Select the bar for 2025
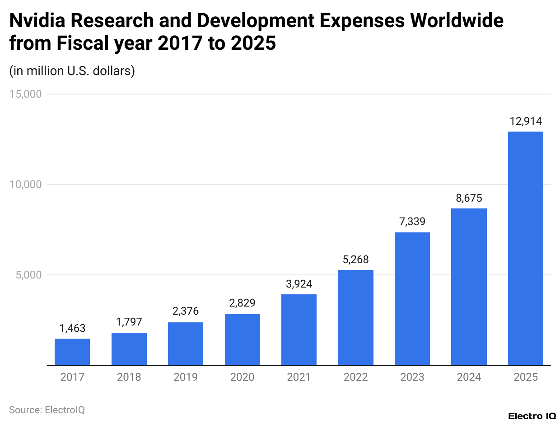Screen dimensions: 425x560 tap(525, 248)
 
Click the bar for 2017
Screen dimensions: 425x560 tap(72, 351)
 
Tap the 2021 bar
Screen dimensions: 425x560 tap(299, 330)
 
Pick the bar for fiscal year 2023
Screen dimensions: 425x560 tap(412, 298)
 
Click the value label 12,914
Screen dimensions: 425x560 tap(525, 121)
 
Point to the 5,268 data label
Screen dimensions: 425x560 tap(355, 260)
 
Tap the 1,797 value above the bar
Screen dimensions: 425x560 tap(129, 322)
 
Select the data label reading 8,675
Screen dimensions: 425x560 tap(469, 198)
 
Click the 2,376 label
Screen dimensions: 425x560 tap(186, 312)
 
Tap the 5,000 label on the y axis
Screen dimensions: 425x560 tap(28, 275)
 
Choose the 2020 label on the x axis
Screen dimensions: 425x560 tap(242, 377)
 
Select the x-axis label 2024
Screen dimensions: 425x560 tap(469, 377)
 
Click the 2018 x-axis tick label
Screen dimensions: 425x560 tap(129, 377)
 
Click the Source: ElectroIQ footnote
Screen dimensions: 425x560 tap(47, 410)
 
